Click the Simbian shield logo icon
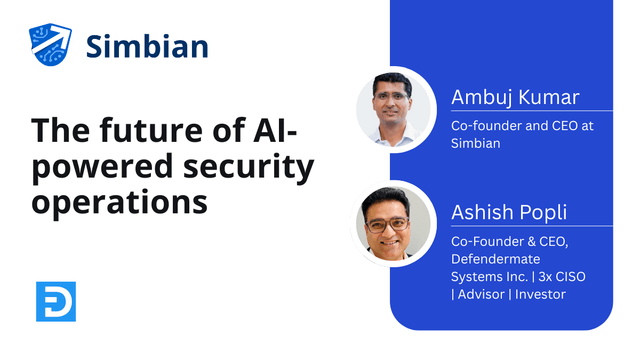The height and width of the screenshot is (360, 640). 50,46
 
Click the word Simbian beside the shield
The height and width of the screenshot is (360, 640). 147,46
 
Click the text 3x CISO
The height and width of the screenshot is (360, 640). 554,276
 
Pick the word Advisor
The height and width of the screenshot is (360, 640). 479,294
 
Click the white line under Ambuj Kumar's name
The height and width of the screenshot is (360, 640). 530,112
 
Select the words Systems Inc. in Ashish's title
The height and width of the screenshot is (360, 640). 487,276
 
